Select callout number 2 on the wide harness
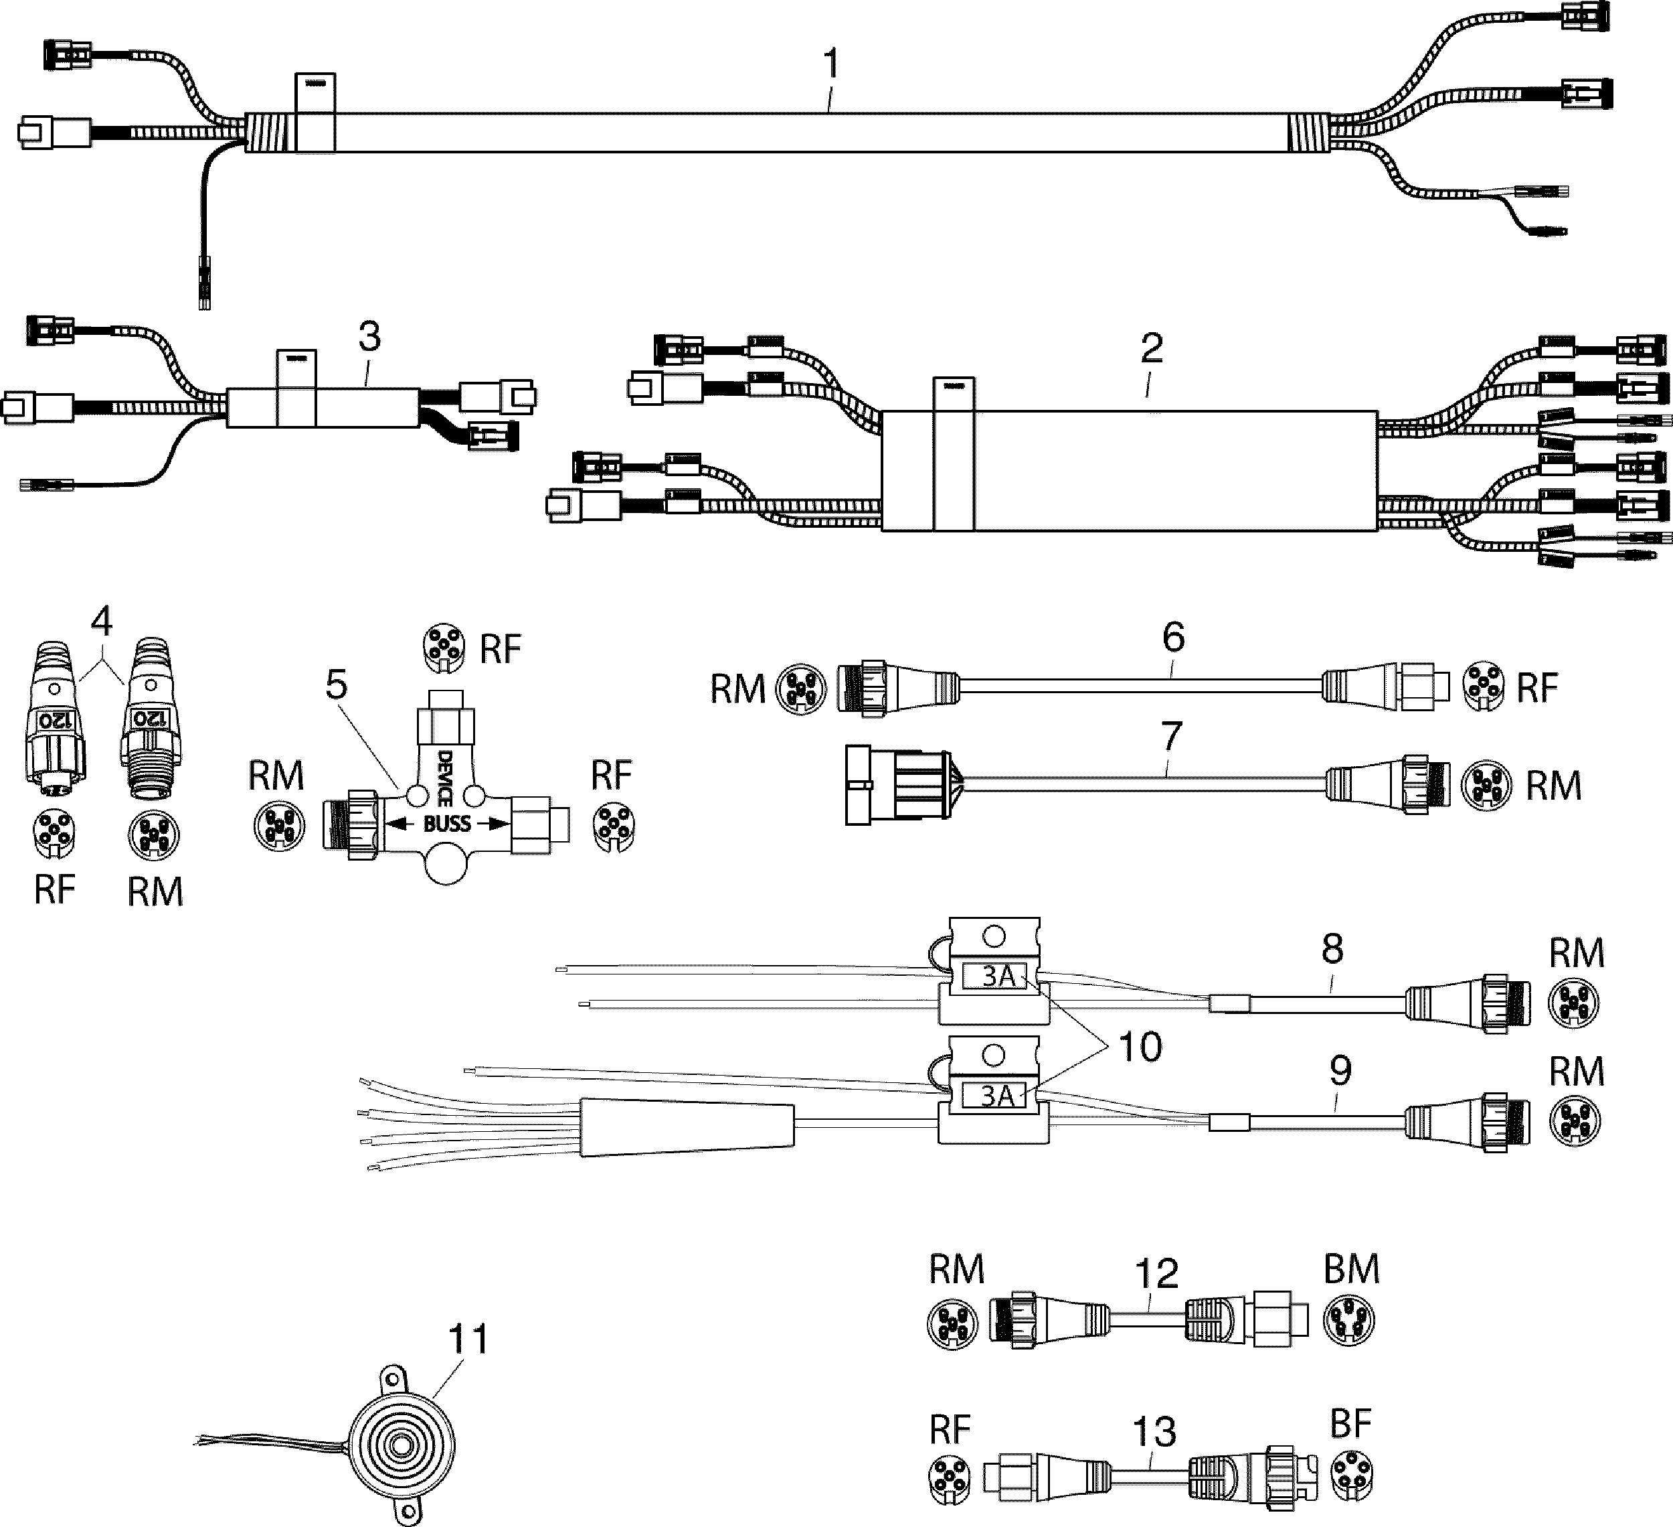1151,349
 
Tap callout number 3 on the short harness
369,337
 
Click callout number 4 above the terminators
101,621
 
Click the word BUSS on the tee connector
447,824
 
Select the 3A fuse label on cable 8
998,976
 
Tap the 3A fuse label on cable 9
998,1097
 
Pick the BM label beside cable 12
1351,1268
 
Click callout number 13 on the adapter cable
1154,1431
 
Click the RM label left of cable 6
737,689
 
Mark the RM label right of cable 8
1576,953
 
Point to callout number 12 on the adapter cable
1156,1274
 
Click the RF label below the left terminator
55,889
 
